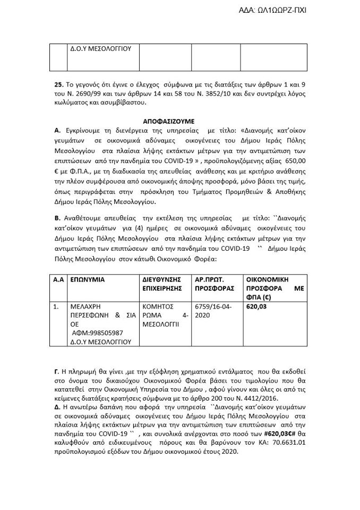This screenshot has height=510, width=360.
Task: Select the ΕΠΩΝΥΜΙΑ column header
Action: [88, 279]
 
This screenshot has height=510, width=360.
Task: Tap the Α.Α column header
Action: [58, 279]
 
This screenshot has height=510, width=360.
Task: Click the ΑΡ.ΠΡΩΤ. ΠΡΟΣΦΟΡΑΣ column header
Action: [215, 284]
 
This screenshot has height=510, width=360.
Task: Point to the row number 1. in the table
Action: [56, 307]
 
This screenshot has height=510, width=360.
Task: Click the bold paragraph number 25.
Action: [59, 84]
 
